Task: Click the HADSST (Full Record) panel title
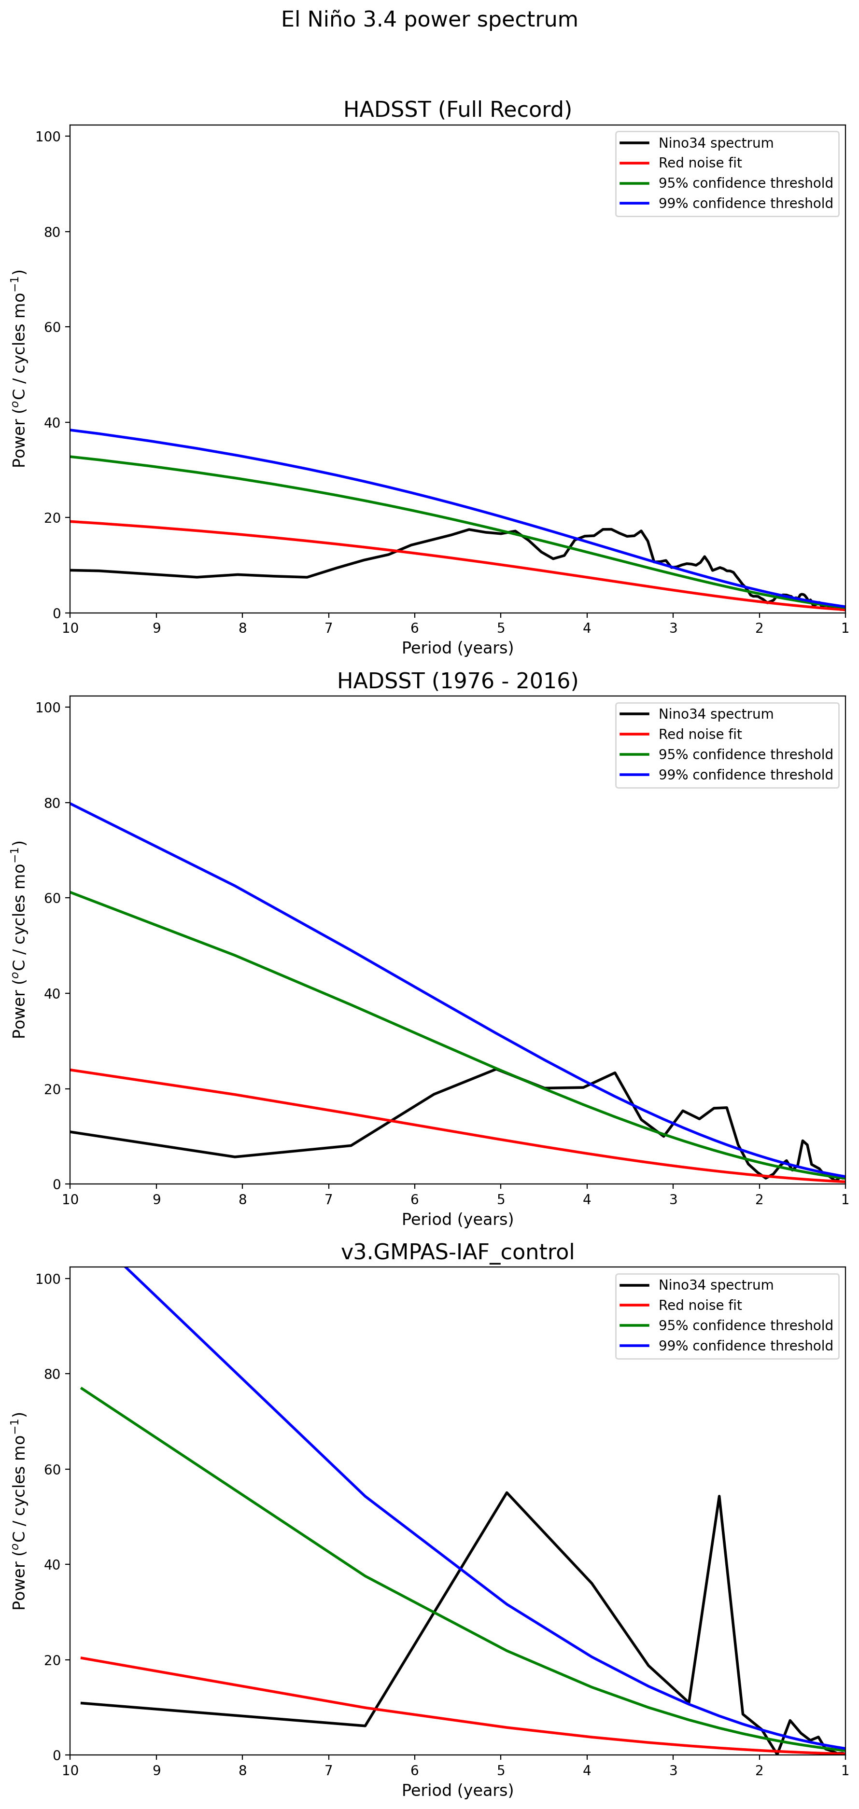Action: click(x=457, y=110)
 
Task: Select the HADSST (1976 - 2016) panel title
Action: click(x=457, y=681)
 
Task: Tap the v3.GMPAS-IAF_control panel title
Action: click(x=457, y=1252)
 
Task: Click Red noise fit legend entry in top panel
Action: click(x=700, y=163)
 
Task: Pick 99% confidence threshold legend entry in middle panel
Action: click(x=745, y=775)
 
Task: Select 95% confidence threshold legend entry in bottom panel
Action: click(x=745, y=1325)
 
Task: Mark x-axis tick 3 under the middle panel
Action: click(x=673, y=1199)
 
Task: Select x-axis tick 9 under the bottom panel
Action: click(x=156, y=1770)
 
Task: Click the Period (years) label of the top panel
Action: click(x=457, y=647)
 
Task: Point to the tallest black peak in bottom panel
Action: click(x=507, y=1493)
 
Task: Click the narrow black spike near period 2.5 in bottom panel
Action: click(x=719, y=1497)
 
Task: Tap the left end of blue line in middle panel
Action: click(x=71, y=803)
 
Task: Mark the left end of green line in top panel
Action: click(x=71, y=457)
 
